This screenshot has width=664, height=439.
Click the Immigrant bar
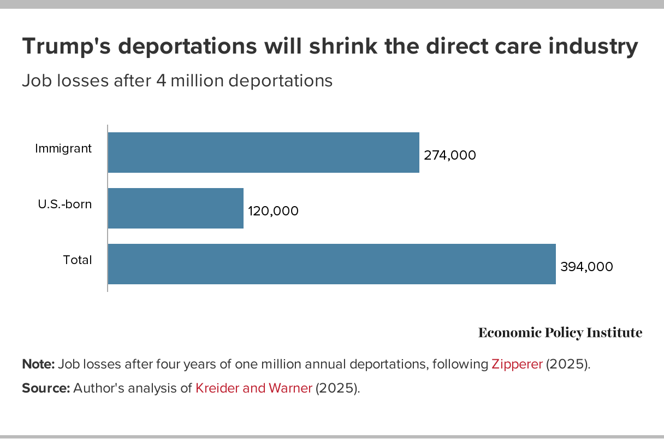(x=263, y=153)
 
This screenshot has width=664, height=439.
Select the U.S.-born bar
(x=175, y=208)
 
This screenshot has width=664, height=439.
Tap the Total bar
(x=331, y=264)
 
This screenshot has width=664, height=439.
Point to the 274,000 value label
(x=450, y=155)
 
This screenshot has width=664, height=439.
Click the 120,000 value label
(x=273, y=211)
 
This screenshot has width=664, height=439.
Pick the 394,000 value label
(x=586, y=267)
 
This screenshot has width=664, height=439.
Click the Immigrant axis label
(x=63, y=148)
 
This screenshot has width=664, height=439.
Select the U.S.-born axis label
(x=64, y=204)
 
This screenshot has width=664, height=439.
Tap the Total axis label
(x=78, y=260)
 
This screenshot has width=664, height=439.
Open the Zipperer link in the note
(x=517, y=365)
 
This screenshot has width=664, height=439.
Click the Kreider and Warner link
(x=254, y=389)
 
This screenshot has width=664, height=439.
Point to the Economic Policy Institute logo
(x=560, y=332)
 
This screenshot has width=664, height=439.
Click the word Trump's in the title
(x=66, y=48)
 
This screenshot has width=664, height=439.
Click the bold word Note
(x=38, y=365)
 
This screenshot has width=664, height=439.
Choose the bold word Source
(x=45, y=389)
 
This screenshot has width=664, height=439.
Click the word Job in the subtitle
(x=33, y=81)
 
